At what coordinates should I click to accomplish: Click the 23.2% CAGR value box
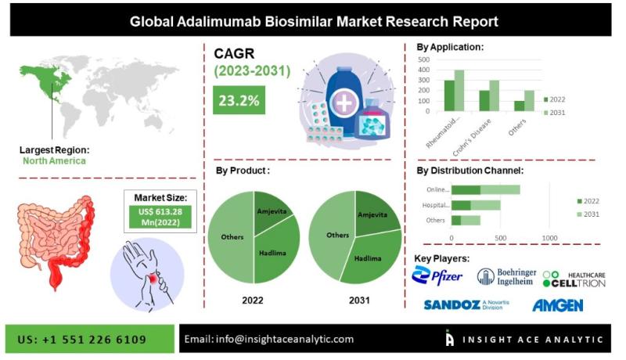click(x=239, y=100)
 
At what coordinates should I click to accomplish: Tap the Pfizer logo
click(x=437, y=275)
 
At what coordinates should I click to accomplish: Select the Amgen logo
click(x=557, y=305)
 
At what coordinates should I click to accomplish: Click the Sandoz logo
click(x=466, y=305)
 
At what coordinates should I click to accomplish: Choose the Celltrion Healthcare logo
click(x=574, y=279)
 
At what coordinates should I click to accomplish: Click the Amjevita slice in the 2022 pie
click(x=272, y=211)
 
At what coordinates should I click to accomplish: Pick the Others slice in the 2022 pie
click(x=231, y=237)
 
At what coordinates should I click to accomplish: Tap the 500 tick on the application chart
click(x=423, y=59)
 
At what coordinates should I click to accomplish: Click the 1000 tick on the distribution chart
click(x=549, y=238)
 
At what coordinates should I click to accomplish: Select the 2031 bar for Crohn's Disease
click(x=495, y=95)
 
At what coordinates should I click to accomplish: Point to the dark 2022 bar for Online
click(x=466, y=189)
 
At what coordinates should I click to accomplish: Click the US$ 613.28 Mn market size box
click(x=160, y=217)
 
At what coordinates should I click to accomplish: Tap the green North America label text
click(x=54, y=161)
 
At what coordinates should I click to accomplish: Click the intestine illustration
click(x=56, y=240)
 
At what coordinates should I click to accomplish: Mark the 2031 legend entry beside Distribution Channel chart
click(x=588, y=214)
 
